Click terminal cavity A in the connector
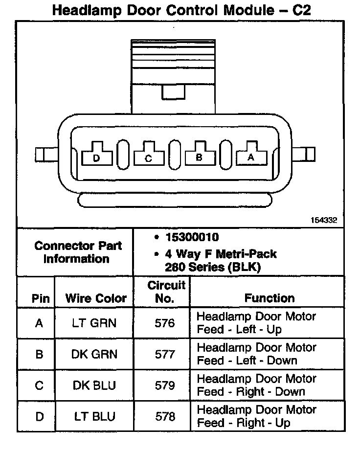[x=251, y=155]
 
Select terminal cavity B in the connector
[x=199, y=155]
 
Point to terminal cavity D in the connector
[x=96, y=155]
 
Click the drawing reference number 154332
[x=324, y=221]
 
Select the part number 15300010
[x=192, y=237]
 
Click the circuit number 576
[x=164, y=323]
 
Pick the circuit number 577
[x=164, y=354]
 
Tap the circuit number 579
[x=164, y=385]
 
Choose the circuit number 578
[x=164, y=416]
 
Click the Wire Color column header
[x=96, y=298]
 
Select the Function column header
[x=270, y=298]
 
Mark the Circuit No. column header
[x=166, y=292]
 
